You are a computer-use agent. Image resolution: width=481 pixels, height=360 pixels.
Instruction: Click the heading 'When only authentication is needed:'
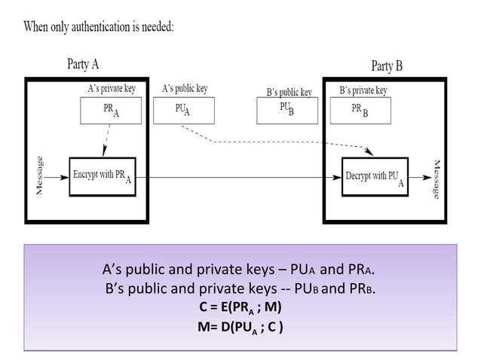[100, 27]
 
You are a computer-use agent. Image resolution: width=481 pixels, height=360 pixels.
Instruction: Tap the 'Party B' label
[388, 66]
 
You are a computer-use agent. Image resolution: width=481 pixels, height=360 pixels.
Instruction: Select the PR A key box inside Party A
[110, 111]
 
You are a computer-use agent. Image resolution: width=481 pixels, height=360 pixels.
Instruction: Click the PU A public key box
[182, 110]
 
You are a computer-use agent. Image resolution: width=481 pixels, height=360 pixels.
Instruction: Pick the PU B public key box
[286, 110]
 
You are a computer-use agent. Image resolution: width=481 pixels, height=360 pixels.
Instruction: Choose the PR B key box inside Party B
[360, 110]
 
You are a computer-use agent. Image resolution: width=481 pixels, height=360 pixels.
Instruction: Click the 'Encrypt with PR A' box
[102, 177]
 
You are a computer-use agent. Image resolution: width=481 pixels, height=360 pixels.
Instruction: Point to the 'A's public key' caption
[185, 89]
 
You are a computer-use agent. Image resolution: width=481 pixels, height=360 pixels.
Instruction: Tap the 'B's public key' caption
[289, 92]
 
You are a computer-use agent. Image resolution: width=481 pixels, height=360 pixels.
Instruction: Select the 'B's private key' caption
[363, 90]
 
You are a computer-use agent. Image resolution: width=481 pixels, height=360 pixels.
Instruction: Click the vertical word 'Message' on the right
[436, 178]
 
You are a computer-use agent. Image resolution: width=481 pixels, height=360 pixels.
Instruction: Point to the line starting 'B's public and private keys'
[240, 288]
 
